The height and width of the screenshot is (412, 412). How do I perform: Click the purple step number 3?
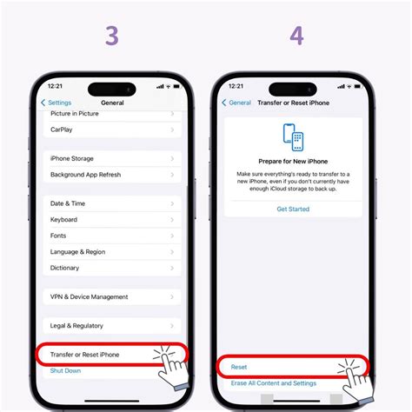point(112,36)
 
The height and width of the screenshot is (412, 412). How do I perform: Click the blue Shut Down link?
point(67,370)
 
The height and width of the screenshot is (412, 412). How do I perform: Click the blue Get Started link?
point(293,209)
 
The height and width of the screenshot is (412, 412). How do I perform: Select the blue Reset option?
point(239,367)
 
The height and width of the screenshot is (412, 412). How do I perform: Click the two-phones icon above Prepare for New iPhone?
point(293,137)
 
